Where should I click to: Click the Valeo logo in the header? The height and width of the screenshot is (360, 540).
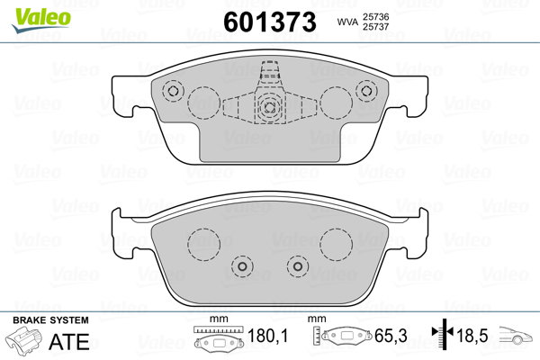point(41,20)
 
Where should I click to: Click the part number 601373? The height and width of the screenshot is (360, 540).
point(270,22)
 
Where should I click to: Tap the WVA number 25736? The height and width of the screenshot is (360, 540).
point(375,16)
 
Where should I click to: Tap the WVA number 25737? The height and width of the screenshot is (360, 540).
point(375,26)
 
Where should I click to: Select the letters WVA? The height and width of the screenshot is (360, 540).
point(348,22)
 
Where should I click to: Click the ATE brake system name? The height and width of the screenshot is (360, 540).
point(69,341)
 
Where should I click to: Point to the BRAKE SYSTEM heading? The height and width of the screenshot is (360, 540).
point(50,320)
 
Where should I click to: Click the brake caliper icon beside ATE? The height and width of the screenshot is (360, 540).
point(23,338)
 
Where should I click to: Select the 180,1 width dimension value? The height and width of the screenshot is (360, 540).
point(267,336)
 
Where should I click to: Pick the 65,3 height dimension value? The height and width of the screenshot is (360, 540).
point(391,336)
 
